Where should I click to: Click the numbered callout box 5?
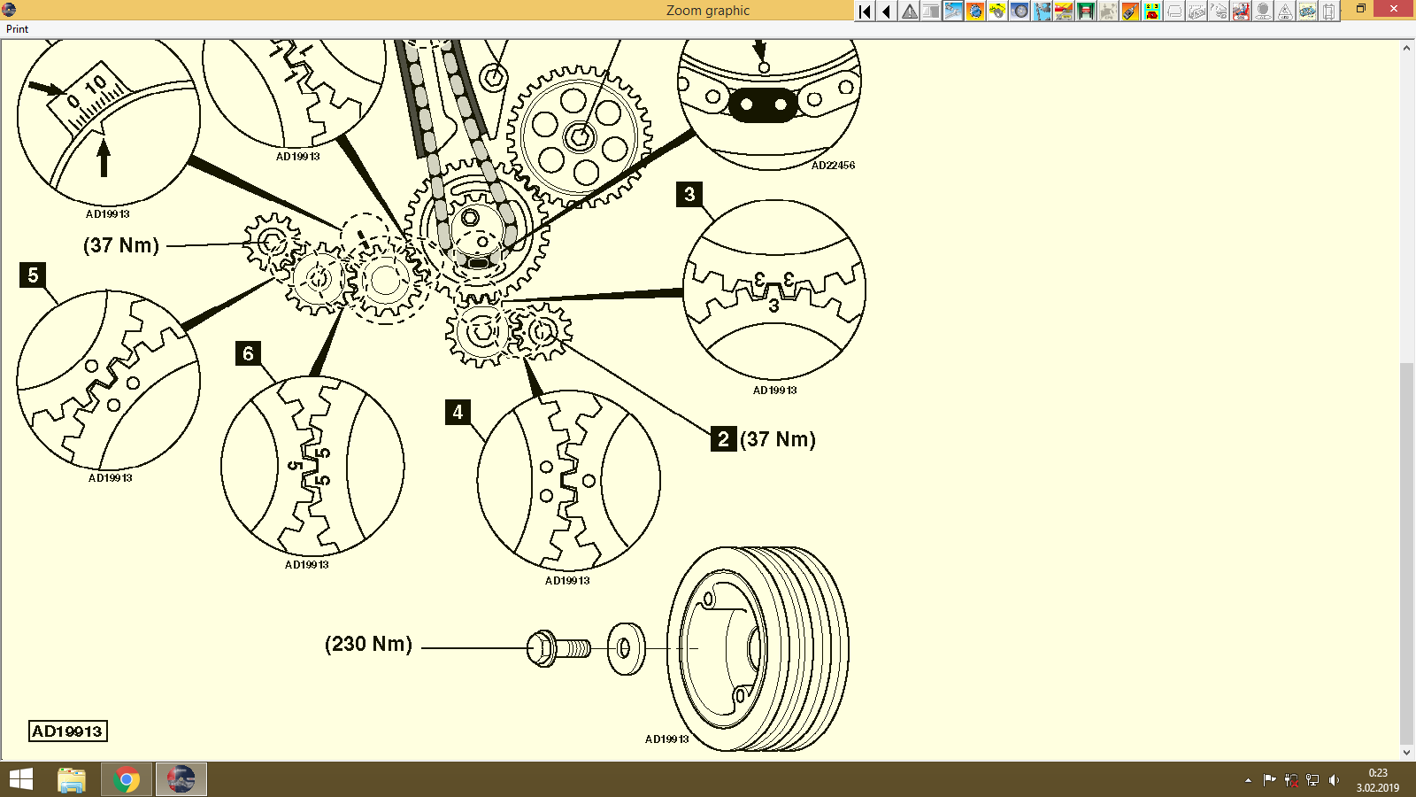[33, 275]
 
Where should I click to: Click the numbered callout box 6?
[248, 353]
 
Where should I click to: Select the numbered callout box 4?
[458, 412]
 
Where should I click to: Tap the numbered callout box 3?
[689, 194]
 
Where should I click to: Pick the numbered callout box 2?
[723, 438]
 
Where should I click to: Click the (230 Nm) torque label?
[368, 644]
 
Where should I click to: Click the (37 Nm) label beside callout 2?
[778, 439]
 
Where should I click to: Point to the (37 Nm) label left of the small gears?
[121, 245]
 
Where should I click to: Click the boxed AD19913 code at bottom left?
[68, 731]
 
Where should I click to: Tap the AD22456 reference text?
[833, 166]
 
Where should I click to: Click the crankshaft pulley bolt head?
[541, 648]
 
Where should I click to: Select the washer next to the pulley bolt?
[626, 648]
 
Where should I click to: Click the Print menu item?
[17, 29]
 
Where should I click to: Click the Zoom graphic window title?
[707, 11]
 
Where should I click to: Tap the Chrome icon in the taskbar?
[127, 779]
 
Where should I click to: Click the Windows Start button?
[20, 779]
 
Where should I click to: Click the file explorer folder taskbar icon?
[72, 779]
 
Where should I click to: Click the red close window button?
[1395, 9]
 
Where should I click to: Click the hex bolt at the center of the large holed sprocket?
[579, 137]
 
